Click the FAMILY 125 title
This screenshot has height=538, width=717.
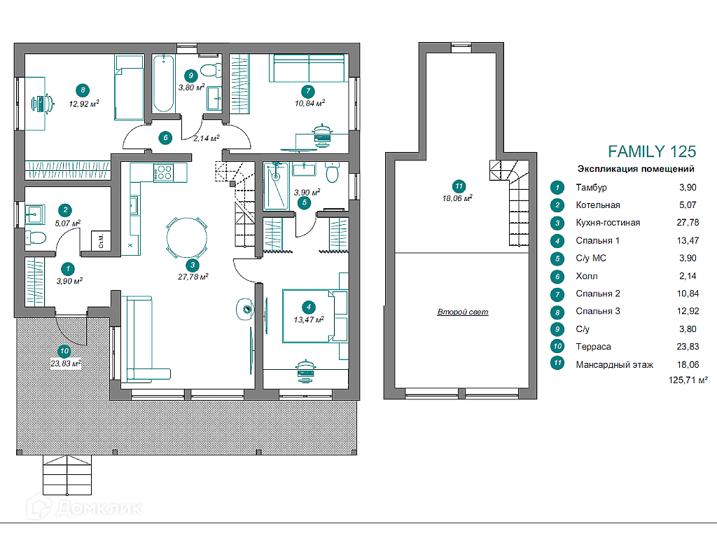(x=652, y=151)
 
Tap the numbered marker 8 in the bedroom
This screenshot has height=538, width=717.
(x=83, y=90)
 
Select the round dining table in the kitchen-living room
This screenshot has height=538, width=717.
(x=186, y=237)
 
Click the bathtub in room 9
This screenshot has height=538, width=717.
(x=162, y=84)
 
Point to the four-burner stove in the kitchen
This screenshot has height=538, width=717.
(x=163, y=172)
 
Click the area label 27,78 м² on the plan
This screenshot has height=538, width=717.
(x=193, y=277)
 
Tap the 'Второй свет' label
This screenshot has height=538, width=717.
(x=463, y=312)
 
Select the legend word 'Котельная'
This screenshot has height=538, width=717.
(x=598, y=205)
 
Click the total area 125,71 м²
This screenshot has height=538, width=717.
(x=688, y=380)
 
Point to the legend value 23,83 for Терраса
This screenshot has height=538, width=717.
(x=688, y=346)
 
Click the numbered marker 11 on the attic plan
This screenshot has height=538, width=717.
(x=459, y=186)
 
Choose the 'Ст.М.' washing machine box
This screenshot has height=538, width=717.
(x=101, y=241)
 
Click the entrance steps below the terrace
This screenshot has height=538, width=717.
(x=67, y=475)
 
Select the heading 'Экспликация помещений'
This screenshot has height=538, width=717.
(x=636, y=169)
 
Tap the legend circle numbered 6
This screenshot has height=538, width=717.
(x=557, y=276)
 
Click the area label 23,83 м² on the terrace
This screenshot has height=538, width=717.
(x=65, y=364)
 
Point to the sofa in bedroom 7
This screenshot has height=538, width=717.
(x=309, y=68)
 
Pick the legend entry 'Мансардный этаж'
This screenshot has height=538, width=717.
(x=614, y=364)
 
